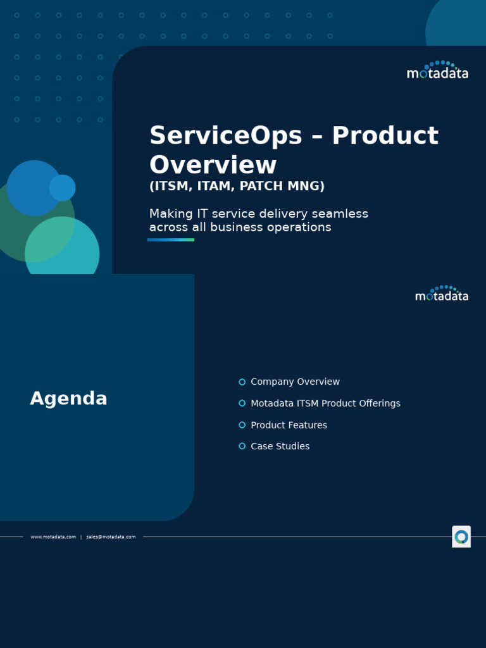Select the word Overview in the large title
(213, 165)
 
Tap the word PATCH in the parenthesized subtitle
(260, 186)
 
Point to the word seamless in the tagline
(342, 214)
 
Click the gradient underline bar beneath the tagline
(170, 240)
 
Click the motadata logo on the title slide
(437, 71)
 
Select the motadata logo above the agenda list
(442, 294)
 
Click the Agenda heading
(68, 399)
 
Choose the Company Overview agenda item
(295, 382)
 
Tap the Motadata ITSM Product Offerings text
(325, 403)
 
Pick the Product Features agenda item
(289, 425)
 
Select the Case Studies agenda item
(280, 446)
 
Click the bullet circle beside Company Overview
(242, 382)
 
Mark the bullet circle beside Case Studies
(242, 446)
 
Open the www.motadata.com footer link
(53, 537)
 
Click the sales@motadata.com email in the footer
(111, 537)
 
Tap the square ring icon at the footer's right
(461, 537)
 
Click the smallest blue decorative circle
(62, 188)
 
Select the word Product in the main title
(385, 136)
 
